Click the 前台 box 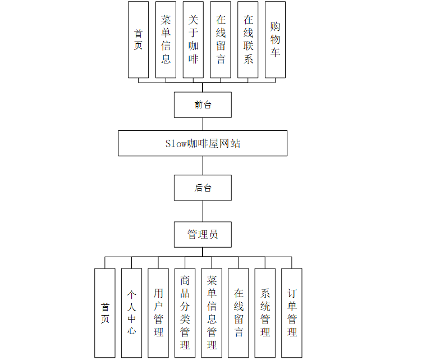(x=203, y=105)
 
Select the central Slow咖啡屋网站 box (x=203, y=143)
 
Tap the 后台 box (x=203, y=188)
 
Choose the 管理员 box (x=203, y=234)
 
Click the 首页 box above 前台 (x=138, y=39)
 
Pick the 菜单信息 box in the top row (x=166, y=39)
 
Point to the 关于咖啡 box (x=193, y=39)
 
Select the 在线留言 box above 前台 (x=221, y=39)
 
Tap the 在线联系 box (x=248, y=39)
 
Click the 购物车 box (x=275, y=39)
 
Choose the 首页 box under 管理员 (x=105, y=313)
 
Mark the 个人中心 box (x=131, y=313)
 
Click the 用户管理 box (x=158, y=313)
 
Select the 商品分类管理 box (x=185, y=313)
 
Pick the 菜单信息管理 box (x=212, y=313)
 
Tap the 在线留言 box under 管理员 (x=239, y=313)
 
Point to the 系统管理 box (x=265, y=313)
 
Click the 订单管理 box (x=292, y=313)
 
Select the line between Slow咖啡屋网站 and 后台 (x=203, y=166)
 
